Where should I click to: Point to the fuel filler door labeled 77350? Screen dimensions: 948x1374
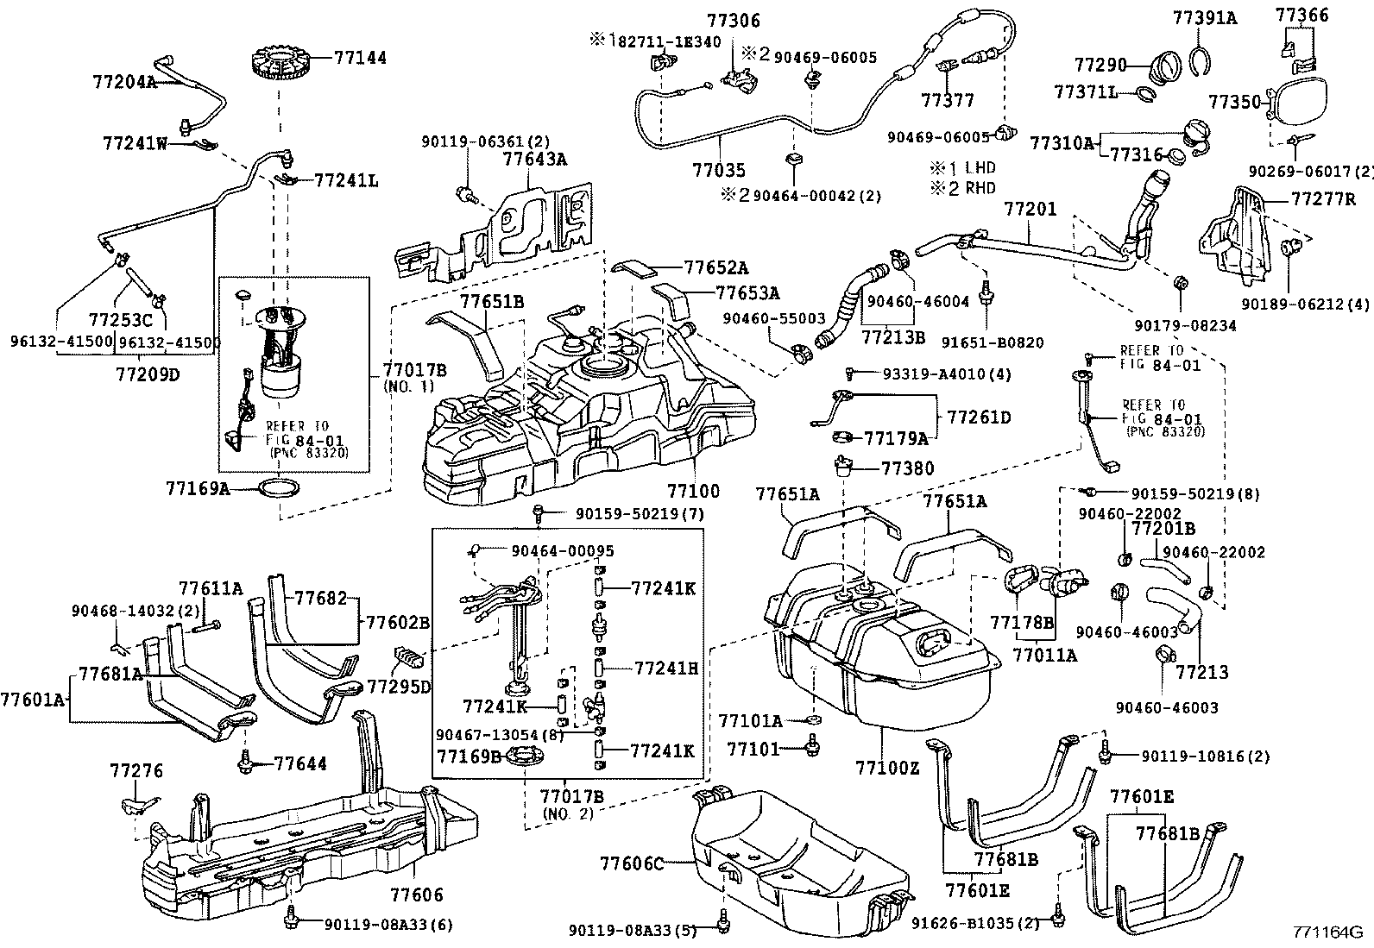[1304, 101]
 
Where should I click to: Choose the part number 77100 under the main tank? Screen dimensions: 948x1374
[692, 491]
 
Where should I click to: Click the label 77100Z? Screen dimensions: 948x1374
[888, 767]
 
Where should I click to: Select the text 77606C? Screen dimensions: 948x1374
[633, 863]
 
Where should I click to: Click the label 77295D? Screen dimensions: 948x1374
[399, 686]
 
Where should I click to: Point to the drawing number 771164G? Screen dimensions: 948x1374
[1326, 932]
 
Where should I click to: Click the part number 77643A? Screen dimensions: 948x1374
[534, 159]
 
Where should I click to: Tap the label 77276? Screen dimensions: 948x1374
[136, 770]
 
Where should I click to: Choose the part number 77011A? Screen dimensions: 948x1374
[1044, 655]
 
